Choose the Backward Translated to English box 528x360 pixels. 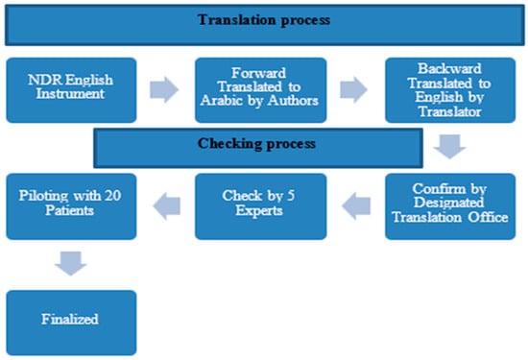pos(449,89)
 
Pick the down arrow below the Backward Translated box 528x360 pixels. pos(447,147)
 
